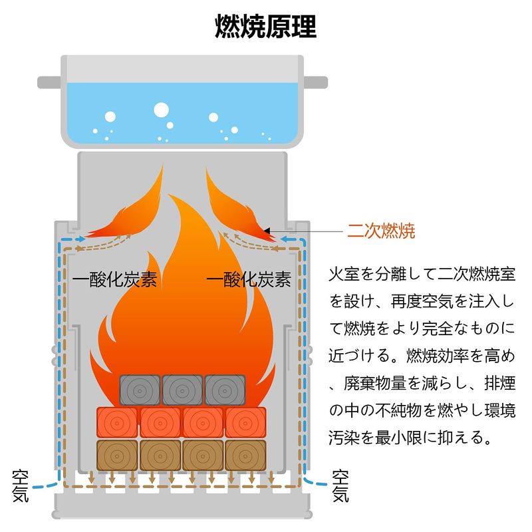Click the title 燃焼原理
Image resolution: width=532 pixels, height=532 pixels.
tap(266, 27)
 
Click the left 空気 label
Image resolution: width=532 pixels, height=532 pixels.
tap(21, 486)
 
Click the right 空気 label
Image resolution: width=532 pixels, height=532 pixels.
tap(341, 486)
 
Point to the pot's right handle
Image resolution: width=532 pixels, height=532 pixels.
tap(316, 82)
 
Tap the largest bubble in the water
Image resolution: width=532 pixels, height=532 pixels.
tap(161, 110)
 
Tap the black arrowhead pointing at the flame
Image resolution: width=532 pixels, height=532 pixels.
tap(267, 231)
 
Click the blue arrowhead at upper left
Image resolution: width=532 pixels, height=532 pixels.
tap(80, 238)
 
